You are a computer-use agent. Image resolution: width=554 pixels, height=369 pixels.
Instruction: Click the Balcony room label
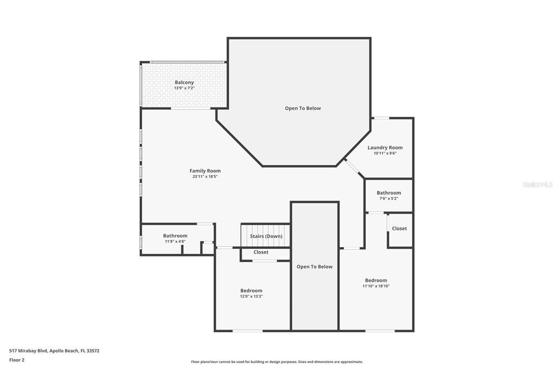click(184, 82)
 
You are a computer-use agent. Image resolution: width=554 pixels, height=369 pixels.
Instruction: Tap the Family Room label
click(205, 171)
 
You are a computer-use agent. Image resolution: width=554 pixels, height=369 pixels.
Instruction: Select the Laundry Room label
click(385, 148)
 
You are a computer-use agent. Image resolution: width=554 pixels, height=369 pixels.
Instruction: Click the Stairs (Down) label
click(266, 236)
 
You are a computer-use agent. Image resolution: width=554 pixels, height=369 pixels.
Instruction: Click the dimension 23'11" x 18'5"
click(206, 177)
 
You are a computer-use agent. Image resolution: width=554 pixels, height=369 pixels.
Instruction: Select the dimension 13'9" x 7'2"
click(184, 88)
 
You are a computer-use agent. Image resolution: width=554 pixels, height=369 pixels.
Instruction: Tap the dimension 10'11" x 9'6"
click(385, 154)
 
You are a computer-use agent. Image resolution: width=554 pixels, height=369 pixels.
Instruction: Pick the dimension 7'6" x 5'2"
click(388, 199)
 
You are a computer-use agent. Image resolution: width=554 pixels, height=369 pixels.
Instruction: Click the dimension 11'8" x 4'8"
click(175, 241)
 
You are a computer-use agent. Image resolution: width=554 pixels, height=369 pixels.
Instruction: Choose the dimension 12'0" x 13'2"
click(251, 296)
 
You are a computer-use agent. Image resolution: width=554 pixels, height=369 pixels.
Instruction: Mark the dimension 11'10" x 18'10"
click(376, 286)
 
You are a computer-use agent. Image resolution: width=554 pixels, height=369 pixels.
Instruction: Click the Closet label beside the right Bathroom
click(399, 228)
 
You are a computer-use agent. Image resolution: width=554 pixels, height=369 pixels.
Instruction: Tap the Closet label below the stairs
click(261, 252)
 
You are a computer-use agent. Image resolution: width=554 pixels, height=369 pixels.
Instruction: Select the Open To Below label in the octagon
click(303, 108)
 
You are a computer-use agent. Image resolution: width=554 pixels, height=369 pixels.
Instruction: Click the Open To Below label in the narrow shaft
click(314, 267)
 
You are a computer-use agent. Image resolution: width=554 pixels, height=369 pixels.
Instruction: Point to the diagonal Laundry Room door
click(354, 168)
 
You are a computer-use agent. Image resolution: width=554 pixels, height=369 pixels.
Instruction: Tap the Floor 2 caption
click(17, 359)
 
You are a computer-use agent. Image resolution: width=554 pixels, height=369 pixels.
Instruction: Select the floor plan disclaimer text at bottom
click(277, 362)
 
